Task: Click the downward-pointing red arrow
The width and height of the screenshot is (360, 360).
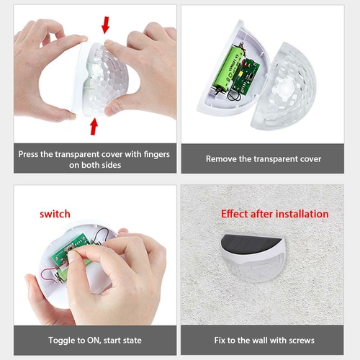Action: [x=105, y=25]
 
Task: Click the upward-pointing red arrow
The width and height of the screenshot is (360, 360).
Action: [x=94, y=127]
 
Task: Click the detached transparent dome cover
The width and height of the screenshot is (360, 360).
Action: [x=284, y=86]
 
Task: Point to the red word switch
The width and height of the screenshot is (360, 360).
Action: [x=55, y=214]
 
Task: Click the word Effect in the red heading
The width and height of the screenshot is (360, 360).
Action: [x=234, y=214]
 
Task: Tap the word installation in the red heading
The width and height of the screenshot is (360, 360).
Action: [x=302, y=214]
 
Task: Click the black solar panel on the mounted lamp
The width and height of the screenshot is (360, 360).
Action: [x=251, y=243]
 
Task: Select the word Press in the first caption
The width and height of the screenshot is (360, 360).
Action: [x=28, y=154]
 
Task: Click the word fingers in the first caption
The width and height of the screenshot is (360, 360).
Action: [x=157, y=155]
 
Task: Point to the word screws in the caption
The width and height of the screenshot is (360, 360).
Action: [x=302, y=341]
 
